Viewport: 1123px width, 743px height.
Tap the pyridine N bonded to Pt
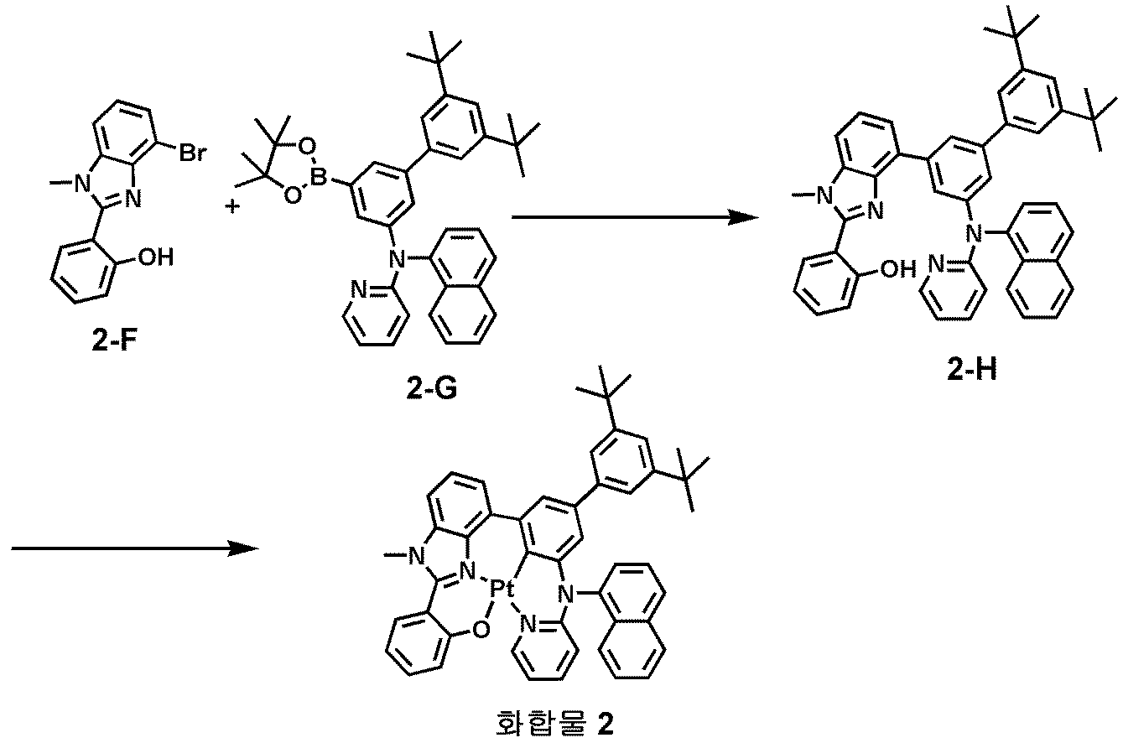(x=528, y=624)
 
